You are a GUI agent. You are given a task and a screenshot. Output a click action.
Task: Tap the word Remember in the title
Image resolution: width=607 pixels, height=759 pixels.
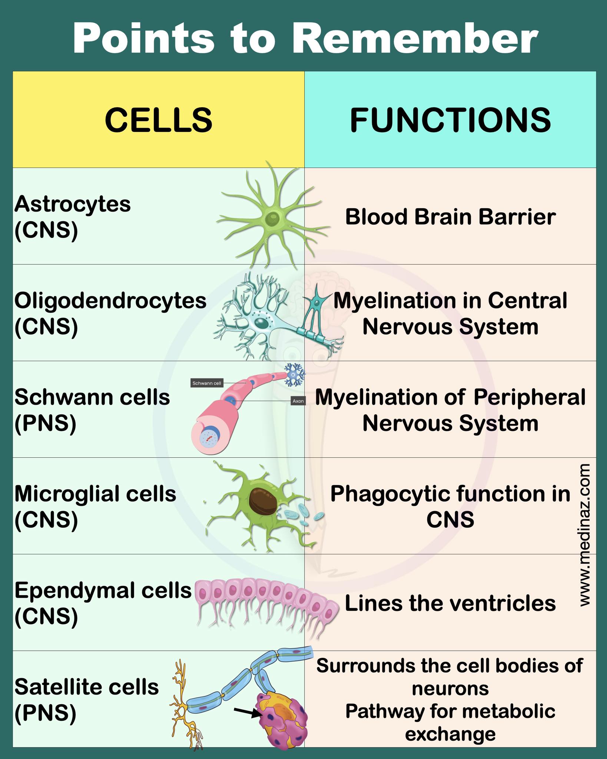[415, 38]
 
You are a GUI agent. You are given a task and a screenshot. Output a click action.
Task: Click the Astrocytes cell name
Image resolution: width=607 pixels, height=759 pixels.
[73, 204]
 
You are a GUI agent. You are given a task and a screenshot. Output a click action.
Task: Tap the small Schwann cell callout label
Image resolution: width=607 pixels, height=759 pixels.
[207, 383]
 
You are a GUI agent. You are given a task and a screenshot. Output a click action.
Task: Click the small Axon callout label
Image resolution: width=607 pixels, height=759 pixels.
[298, 401]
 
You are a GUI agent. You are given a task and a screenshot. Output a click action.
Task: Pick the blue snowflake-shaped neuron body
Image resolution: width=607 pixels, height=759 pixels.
[295, 374]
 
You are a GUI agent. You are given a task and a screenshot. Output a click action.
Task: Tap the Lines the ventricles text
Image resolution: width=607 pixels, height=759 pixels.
[450, 603]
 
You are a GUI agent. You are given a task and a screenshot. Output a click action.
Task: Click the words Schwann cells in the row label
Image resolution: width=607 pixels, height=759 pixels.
[92, 397]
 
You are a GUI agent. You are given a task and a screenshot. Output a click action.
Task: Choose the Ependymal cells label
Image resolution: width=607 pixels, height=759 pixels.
[103, 590]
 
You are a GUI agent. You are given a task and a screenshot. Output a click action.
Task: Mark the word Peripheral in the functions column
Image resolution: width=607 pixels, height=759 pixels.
[530, 397]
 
